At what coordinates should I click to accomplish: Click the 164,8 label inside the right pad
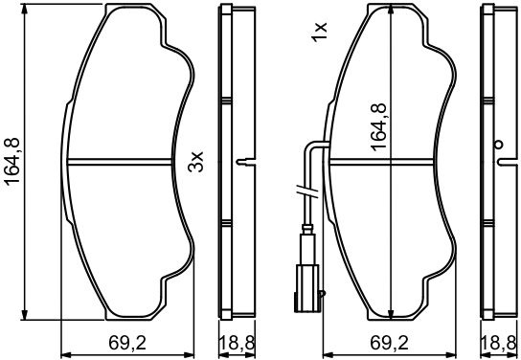click(379, 127)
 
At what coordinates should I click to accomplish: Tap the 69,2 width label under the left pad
click(127, 343)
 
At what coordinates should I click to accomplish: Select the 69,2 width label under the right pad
click(390, 343)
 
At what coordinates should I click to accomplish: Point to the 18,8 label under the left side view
click(237, 343)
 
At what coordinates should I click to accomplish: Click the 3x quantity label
click(195, 162)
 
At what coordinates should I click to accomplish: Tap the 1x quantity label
click(320, 32)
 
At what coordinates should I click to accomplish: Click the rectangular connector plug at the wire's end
click(306, 288)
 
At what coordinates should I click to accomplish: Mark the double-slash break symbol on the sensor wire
click(307, 191)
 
